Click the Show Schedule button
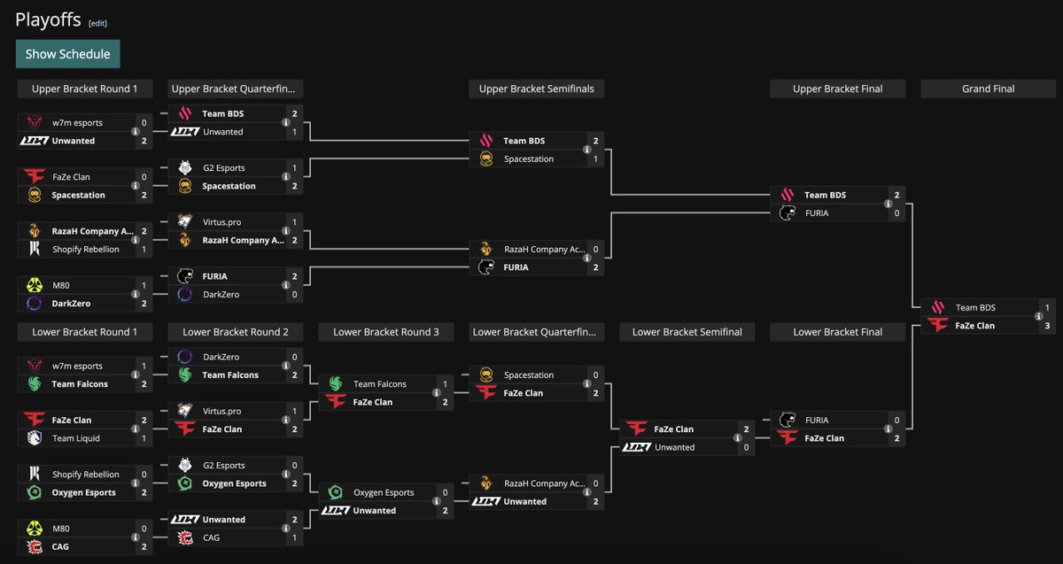point(67,54)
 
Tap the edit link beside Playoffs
point(97,23)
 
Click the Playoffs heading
point(48,20)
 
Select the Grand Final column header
point(988,89)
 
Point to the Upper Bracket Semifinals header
point(536,89)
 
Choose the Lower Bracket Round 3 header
point(385,332)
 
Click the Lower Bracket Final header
point(837,332)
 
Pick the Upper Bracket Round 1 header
point(85,89)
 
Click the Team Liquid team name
point(75,438)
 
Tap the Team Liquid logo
point(34,438)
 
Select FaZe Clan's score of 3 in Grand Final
point(1047,326)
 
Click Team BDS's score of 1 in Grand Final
point(1047,308)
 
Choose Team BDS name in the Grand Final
point(975,308)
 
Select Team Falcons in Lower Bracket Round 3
point(380,384)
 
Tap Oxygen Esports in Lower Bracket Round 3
point(384,492)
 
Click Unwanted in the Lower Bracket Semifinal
point(676,447)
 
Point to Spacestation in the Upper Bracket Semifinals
point(529,159)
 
